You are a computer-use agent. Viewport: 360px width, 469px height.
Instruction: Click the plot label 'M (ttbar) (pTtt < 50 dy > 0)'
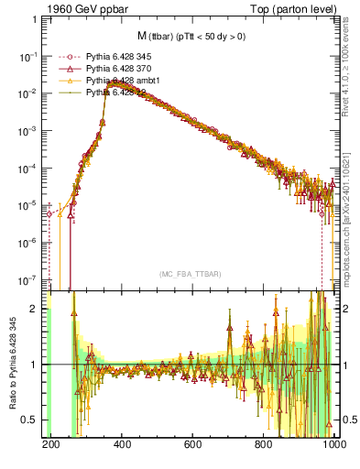191,37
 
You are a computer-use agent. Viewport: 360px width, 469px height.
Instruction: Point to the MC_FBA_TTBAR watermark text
191,275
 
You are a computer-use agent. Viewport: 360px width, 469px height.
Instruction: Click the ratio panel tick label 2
33,310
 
